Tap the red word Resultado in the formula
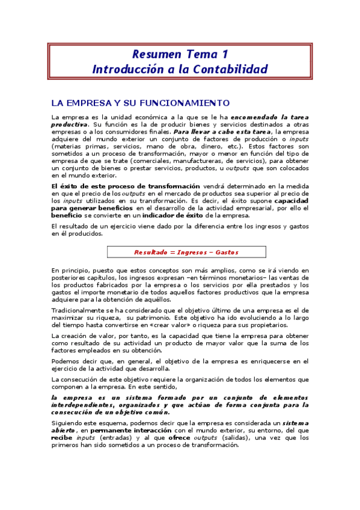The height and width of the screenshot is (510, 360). [151, 252]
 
